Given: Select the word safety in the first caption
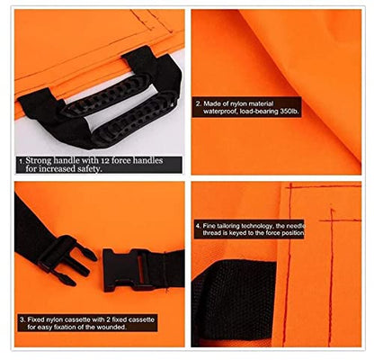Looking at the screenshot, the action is click(x=87, y=169).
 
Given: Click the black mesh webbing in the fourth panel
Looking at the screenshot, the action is click(x=233, y=301).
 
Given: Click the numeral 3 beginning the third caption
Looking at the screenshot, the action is click(x=22, y=319).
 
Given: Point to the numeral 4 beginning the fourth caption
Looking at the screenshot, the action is click(x=198, y=226).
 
